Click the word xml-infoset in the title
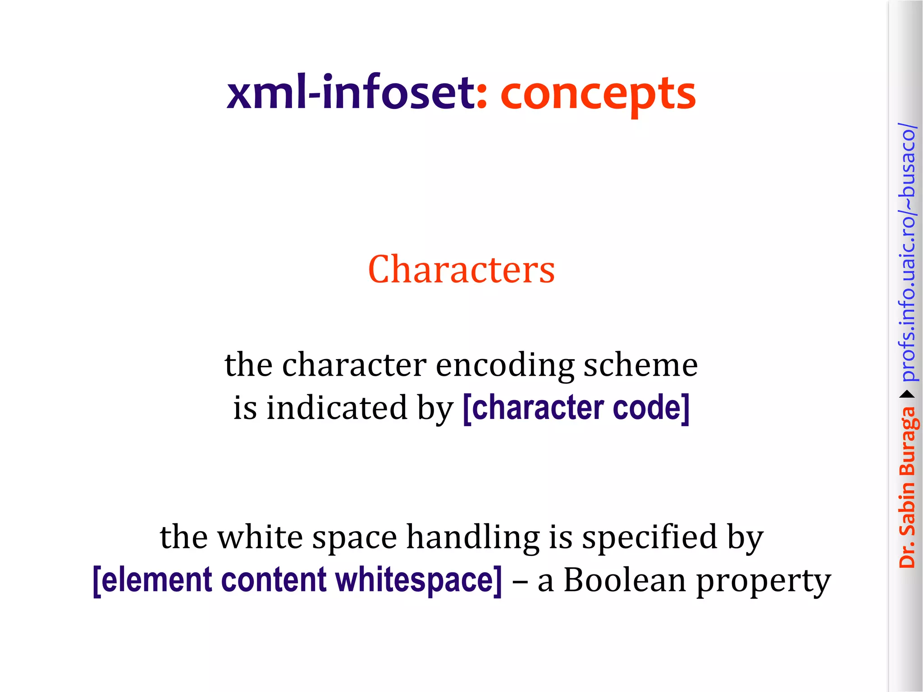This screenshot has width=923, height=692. pyautogui.click(x=351, y=94)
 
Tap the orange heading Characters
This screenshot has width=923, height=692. pyautogui.click(x=461, y=269)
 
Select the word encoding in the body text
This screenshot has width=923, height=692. pyautogui.click(x=505, y=365)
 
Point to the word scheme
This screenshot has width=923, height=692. pyautogui.click(x=640, y=365)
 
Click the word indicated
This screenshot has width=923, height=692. pyautogui.click(x=337, y=408)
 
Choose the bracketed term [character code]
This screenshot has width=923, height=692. pyautogui.click(x=576, y=408)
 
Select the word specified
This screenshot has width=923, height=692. pyautogui.click(x=649, y=537)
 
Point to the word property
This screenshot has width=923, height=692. pyautogui.click(x=763, y=581)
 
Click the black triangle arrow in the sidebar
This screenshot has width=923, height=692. pyautogui.click(x=907, y=395)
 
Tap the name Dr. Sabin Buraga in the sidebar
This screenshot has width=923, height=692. pyautogui.click(x=907, y=487)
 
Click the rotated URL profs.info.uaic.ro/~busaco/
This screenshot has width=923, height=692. pyautogui.click(x=907, y=252)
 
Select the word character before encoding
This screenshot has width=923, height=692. pyautogui.click(x=354, y=365)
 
